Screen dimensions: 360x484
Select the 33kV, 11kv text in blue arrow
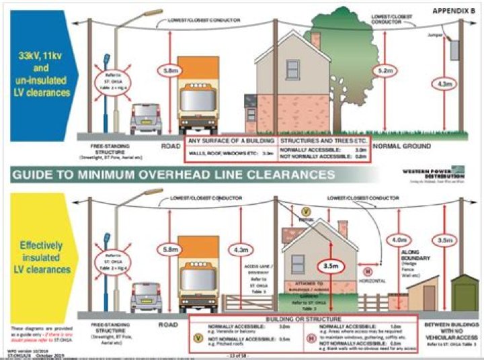[x=42, y=60]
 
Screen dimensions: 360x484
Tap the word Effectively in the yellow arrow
[x=41, y=246]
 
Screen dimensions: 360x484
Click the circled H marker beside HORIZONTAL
[x=367, y=271]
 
